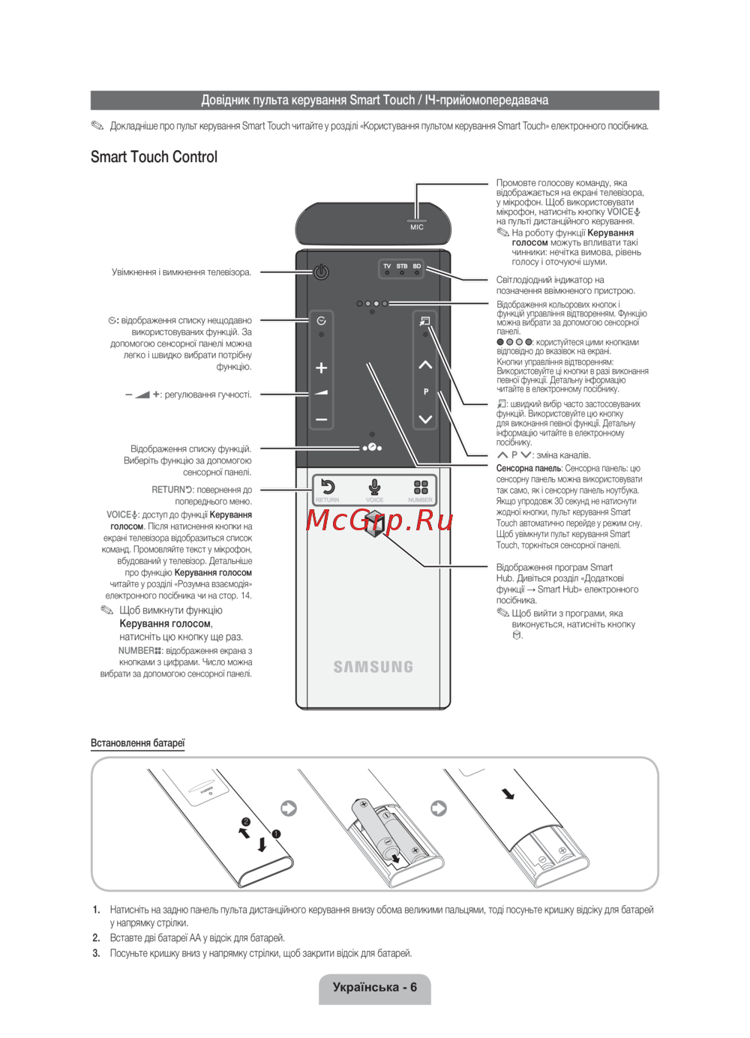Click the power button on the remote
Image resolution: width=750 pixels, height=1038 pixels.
[321, 271]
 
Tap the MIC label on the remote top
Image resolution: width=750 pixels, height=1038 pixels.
[417, 226]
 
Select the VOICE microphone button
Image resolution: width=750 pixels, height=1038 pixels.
[374, 489]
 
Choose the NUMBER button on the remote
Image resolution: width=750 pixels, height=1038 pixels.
[421, 489]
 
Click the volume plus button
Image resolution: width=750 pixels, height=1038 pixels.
[322, 367]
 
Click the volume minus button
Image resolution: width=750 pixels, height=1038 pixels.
[322, 420]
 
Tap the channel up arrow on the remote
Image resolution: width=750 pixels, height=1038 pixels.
[425, 365]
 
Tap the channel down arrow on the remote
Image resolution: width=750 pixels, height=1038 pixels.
[425, 419]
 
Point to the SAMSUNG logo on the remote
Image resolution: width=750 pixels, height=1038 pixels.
[373, 667]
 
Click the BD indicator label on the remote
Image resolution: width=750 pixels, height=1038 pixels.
[417, 266]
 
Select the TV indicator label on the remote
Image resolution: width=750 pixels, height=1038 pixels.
[387, 266]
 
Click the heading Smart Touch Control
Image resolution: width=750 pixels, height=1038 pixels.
[154, 157]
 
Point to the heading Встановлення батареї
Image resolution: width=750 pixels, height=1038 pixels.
[137, 743]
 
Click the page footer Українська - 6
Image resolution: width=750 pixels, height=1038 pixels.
[374, 987]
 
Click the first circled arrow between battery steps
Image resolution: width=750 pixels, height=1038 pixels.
[289, 808]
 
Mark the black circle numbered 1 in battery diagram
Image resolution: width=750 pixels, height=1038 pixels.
[276, 833]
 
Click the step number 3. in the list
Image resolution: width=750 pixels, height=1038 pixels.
[96, 953]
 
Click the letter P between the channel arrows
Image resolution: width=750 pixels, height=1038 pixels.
[426, 391]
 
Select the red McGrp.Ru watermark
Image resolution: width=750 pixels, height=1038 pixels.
[379, 519]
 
